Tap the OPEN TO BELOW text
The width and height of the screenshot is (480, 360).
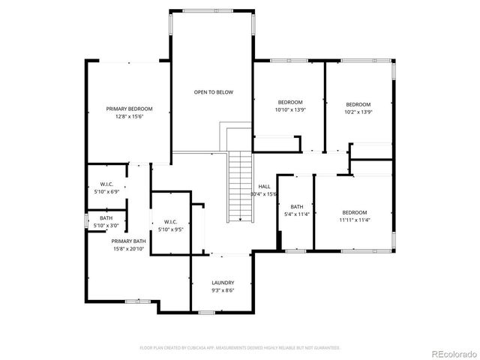[214, 92]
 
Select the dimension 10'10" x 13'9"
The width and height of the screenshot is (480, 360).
[290, 110]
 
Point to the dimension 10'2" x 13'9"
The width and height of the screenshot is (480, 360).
[358, 112]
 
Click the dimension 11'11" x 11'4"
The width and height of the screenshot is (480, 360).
[354, 220]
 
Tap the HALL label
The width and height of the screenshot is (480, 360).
[264, 186]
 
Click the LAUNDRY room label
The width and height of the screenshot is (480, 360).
[223, 283]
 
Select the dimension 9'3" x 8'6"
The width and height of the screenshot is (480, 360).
[223, 290]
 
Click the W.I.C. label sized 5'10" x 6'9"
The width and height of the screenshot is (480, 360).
[106, 184]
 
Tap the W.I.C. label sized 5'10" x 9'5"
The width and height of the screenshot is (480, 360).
[170, 221]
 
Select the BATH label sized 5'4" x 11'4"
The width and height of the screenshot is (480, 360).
[297, 207]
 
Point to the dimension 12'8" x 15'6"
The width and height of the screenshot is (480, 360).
[129, 117]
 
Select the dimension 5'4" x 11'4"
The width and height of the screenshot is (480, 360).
[297, 214]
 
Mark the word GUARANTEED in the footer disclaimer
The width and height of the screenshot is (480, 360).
[326, 348]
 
